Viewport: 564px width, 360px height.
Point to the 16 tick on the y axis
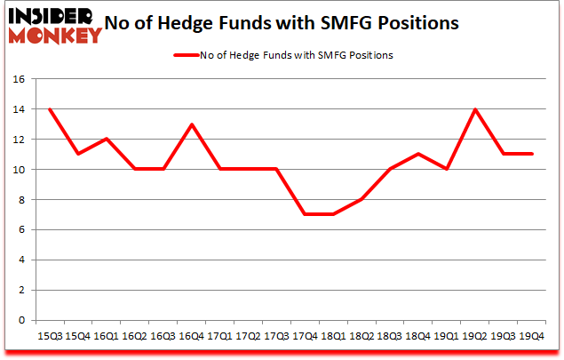[x=22, y=78]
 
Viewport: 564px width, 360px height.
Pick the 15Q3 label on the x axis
[x=49, y=335]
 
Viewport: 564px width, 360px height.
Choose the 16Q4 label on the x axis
[x=192, y=335]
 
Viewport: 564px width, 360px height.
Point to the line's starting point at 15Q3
[x=49, y=108]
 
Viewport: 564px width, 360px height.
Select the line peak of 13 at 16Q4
[x=192, y=124]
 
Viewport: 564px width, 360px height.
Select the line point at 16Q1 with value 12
[x=106, y=139]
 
